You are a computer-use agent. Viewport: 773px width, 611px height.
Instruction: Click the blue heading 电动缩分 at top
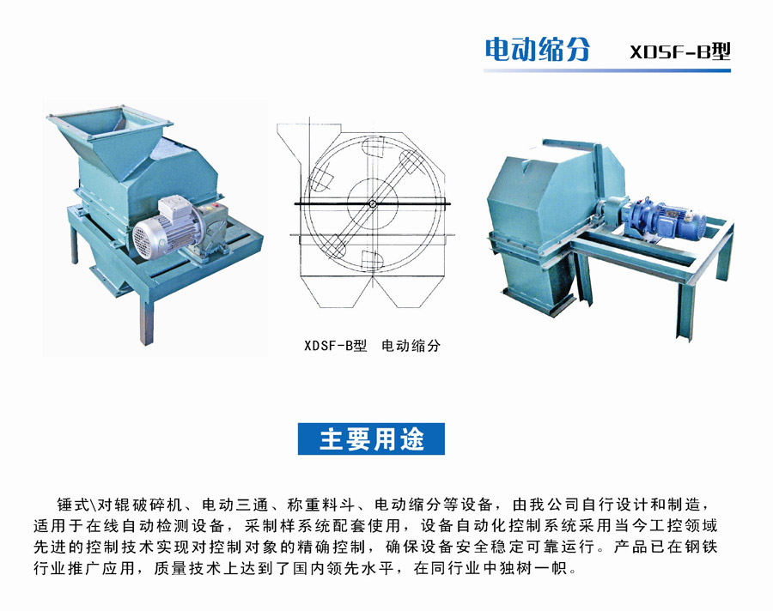point(537,49)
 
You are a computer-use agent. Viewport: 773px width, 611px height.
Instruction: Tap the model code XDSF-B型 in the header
point(680,51)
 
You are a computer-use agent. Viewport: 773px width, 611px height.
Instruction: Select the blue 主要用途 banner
point(371,439)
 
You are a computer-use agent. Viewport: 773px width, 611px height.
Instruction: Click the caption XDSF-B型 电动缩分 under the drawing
point(372,346)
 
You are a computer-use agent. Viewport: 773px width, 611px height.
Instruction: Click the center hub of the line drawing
point(373,203)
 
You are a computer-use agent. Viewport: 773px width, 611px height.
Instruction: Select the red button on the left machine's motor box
point(216,205)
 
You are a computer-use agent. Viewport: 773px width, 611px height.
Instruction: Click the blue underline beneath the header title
point(607,70)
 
